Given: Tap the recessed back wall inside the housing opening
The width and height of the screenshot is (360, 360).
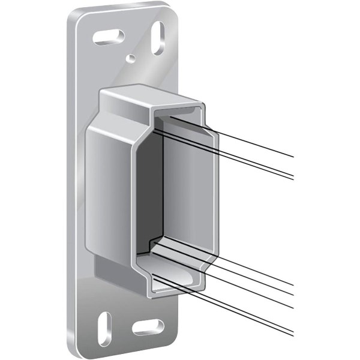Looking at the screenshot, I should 180,180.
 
